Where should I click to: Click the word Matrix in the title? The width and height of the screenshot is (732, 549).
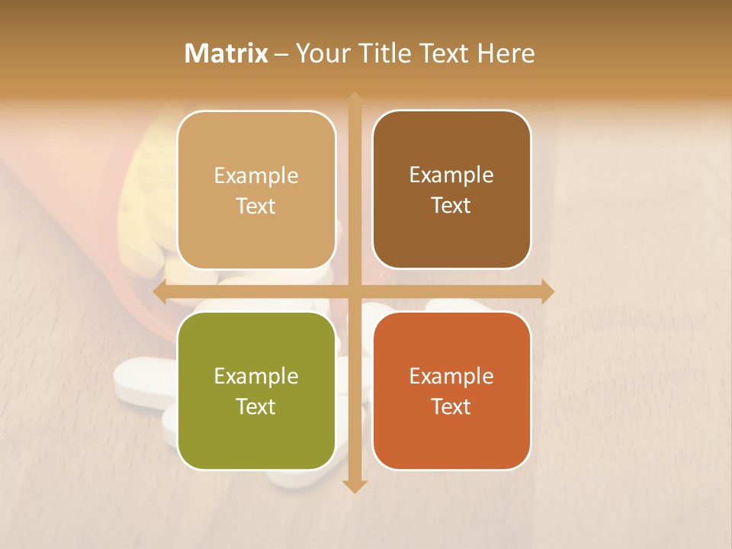(x=226, y=53)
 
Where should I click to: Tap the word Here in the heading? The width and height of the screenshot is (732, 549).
(x=506, y=53)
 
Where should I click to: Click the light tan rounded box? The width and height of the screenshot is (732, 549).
(x=256, y=190)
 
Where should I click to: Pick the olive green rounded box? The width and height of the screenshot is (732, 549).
(x=256, y=390)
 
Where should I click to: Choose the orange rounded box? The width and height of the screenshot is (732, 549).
(x=451, y=390)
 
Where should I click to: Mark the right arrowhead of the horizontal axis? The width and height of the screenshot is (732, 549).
(x=547, y=291)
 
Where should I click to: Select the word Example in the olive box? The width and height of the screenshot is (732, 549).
(x=256, y=376)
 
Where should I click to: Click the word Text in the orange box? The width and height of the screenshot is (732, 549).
(x=451, y=406)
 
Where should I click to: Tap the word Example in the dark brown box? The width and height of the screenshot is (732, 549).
(x=451, y=175)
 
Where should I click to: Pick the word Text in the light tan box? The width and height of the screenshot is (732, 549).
(x=256, y=206)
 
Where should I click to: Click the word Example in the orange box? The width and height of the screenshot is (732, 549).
(x=451, y=376)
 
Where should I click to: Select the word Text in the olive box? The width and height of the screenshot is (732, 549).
(x=256, y=406)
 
